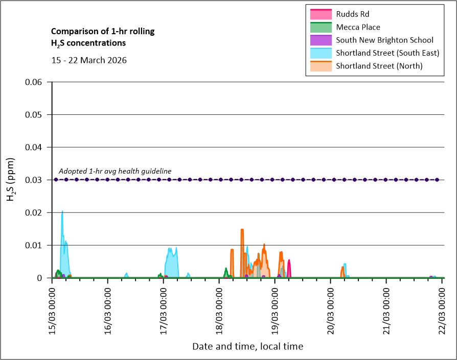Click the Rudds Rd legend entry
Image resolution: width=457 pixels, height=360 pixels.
(x=352, y=14)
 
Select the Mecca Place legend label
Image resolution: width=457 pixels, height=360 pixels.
(x=358, y=27)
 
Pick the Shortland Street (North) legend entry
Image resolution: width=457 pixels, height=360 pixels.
(x=379, y=66)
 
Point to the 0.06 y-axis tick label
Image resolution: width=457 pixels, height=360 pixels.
(x=35, y=82)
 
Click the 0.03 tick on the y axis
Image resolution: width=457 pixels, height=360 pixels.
(x=35, y=180)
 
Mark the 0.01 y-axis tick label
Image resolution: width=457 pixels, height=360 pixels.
(x=35, y=245)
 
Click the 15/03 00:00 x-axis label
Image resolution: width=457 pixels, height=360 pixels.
(x=53, y=306)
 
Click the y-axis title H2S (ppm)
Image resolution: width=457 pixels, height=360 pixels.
(x=11, y=180)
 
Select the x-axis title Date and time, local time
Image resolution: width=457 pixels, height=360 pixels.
(x=247, y=347)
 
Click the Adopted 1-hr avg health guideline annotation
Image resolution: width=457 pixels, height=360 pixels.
(x=115, y=171)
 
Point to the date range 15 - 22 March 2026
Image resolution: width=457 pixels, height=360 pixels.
(x=89, y=60)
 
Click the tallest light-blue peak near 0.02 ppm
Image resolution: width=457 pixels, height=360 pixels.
(x=62, y=212)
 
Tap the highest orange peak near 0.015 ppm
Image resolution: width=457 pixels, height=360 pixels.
(x=242, y=230)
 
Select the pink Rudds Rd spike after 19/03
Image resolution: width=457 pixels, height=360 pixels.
(x=289, y=261)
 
